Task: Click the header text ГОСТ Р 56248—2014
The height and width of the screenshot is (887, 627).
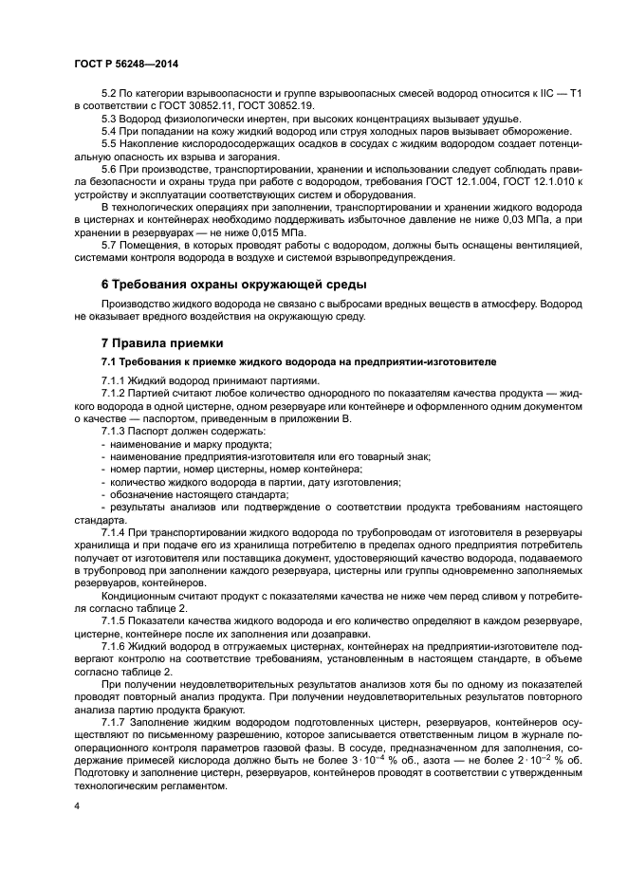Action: [125, 62]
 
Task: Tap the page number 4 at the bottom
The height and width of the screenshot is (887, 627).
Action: [77, 804]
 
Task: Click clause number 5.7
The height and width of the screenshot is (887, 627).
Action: [111, 247]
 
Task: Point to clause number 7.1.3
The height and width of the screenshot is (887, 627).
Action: [116, 432]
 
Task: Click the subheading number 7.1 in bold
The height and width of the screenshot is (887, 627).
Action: [110, 362]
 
